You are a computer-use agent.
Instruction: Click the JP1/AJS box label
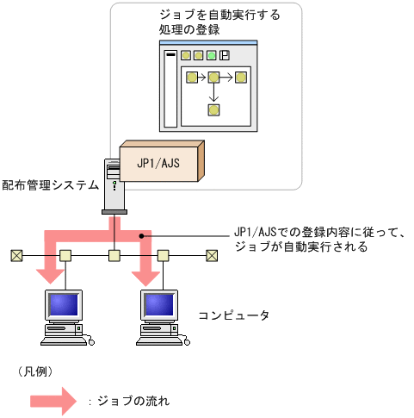point(158,162)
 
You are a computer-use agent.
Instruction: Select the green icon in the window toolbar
point(211,56)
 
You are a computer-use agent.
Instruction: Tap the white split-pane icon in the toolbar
point(225,56)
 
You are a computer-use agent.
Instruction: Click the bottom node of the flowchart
point(213,109)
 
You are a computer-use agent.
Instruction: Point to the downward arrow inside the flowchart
point(213,94)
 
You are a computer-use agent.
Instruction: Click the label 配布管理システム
point(49,184)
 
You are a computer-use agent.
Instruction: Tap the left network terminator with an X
point(16,255)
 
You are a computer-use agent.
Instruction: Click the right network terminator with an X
point(212,255)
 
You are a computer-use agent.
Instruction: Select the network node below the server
point(114,255)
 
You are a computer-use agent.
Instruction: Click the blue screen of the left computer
point(65,305)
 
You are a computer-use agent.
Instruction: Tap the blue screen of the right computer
point(163,305)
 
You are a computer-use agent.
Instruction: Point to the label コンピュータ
point(233,315)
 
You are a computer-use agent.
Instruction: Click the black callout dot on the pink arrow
point(141,234)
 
